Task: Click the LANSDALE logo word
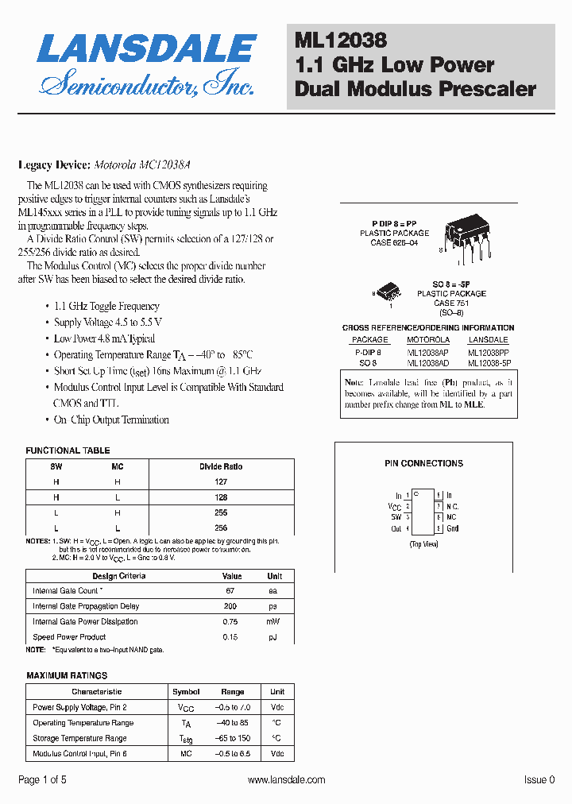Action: (x=146, y=50)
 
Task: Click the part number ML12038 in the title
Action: (x=341, y=38)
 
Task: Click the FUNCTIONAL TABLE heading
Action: (x=68, y=450)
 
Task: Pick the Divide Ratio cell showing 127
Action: (x=221, y=481)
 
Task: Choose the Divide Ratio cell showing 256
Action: (x=221, y=528)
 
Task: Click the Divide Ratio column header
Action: (x=221, y=466)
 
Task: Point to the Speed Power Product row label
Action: (x=69, y=637)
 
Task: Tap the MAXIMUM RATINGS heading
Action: (x=67, y=675)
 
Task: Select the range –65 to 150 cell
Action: (x=233, y=738)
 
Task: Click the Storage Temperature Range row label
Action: (x=79, y=738)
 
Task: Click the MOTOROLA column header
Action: (x=428, y=340)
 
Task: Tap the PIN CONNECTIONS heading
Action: (x=423, y=463)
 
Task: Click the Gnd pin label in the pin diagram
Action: (x=453, y=528)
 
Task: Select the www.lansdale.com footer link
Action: (x=286, y=780)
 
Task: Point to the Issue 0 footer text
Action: (x=539, y=780)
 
